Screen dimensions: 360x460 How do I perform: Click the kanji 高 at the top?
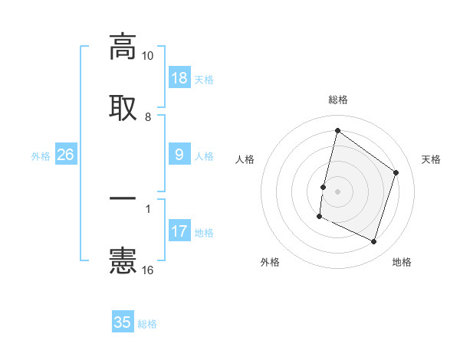(x=123, y=47)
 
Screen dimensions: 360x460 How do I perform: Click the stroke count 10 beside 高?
(x=148, y=56)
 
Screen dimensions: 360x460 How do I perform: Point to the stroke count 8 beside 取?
(x=148, y=116)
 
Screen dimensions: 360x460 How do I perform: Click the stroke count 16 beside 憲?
(x=148, y=270)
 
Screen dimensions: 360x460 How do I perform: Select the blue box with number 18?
(x=179, y=78)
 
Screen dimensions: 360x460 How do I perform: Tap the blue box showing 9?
(x=179, y=155)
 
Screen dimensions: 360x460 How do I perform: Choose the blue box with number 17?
(x=179, y=231)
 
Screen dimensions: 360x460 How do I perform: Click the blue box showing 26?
(x=66, y=155)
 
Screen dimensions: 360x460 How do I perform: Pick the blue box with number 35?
(x=123, y=322)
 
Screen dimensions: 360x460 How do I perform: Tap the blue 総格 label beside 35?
(x=147, y=324)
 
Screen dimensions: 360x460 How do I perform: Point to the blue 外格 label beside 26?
(x=41, y=156)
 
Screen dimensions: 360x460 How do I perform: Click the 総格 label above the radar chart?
(x=338, y=100)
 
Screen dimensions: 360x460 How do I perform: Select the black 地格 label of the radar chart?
(x=402, y=262)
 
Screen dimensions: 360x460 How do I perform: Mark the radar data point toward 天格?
(x=396, y=173)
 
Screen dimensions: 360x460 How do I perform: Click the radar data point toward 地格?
(x=374, y=242)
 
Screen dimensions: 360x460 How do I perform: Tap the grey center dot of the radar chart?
(x=338, y=191)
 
